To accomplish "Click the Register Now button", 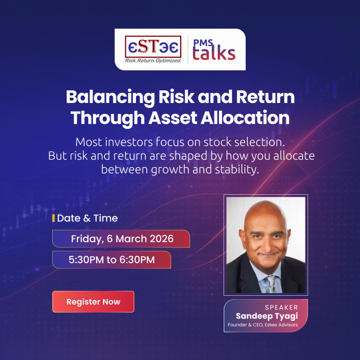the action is [93, 302].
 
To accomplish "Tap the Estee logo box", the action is [153, 47].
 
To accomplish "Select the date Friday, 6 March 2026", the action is [122, 239].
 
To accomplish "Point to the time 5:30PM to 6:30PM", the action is [111, 260].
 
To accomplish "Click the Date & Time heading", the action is [87, 218].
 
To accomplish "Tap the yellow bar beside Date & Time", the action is [53, 218].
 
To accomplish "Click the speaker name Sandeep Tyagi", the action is [267, 316].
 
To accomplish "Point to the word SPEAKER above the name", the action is [282, 307].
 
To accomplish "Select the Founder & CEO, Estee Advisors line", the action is [263, 325].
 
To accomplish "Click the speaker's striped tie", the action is [271, 284].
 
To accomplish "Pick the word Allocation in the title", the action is [245, 117].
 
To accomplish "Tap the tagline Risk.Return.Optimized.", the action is [153, 60].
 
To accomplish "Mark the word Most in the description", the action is [89, 142].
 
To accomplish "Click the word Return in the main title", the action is [265, 97].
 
